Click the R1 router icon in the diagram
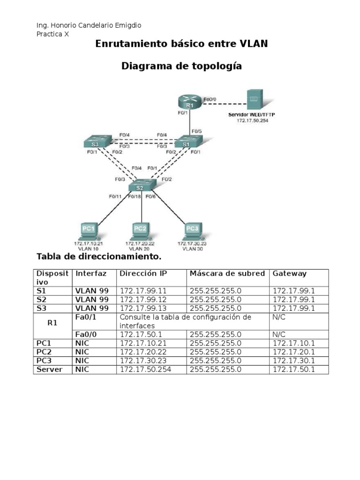[189, 101]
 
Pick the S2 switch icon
[141, 186]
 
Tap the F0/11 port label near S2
[115, 196]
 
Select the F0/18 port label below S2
[135, 197]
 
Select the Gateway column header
[289, 273]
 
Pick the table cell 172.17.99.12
[143, 300]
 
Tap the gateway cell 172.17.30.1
[293, 361]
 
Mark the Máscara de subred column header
[227, 273]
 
